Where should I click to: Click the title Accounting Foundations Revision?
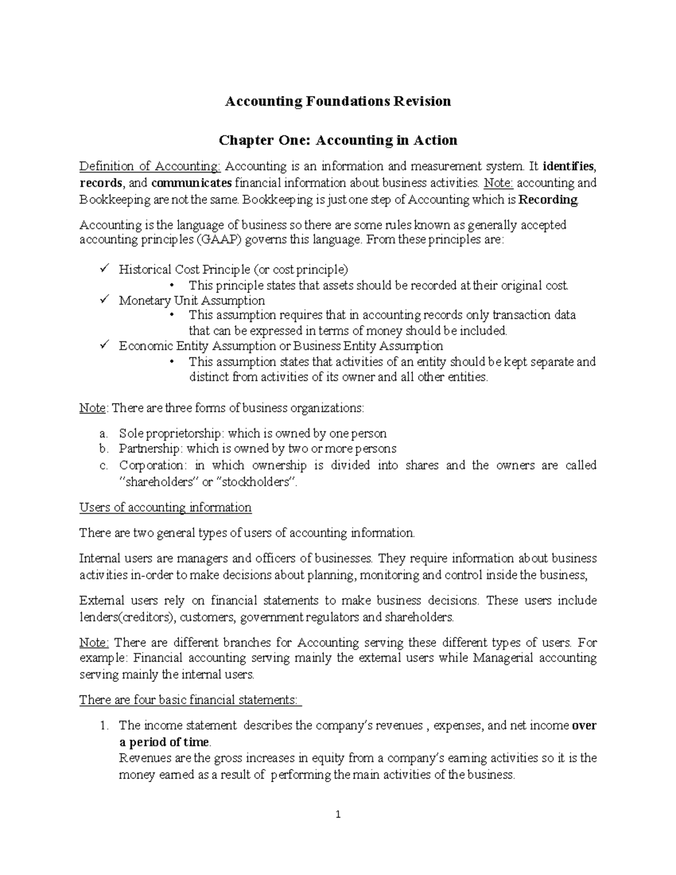[x=338, y=101]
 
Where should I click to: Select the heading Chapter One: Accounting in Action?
[x=338, y=140]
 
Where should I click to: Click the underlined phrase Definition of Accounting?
[x=150, y=166]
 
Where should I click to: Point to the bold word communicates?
[x=192, y=183]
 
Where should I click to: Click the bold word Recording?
[x=548, y=199]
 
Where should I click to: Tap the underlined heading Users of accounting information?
[x=165, y=508]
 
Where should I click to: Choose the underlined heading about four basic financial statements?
[x=190, y=700]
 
